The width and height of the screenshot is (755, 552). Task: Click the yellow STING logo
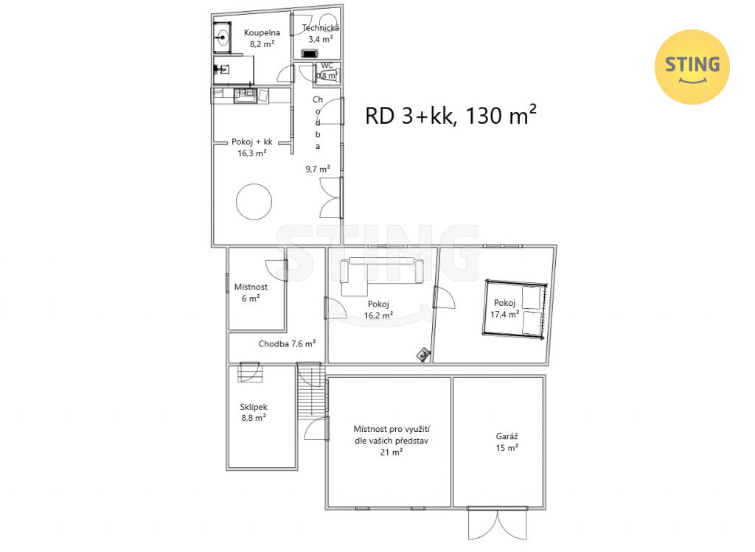pos(692,67)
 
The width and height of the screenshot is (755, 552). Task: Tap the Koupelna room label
pos(262,32)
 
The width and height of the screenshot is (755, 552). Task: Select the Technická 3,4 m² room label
pos(320,34)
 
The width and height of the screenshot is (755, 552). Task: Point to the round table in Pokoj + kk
pos(254,202)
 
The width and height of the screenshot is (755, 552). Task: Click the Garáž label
pos(507,436)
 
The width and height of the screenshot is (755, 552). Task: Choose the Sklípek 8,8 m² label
pos(254,413)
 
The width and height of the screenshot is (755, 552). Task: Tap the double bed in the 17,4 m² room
pos(515,310)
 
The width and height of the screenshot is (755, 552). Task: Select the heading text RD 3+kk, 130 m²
pos(450,116)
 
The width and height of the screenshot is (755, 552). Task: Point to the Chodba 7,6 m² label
pos(287,343)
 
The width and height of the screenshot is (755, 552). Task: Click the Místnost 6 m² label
pos(251,292)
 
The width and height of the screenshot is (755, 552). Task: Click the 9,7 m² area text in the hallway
pos(318,169)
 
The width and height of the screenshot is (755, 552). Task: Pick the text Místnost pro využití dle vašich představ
pos(392,435)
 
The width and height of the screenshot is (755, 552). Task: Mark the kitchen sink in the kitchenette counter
pos(246,95)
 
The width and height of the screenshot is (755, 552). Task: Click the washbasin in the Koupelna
pos(222,36)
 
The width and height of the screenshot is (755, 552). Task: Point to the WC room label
pos(327,66)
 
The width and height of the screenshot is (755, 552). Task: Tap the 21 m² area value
pos(391,452)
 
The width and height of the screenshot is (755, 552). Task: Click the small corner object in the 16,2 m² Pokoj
pos(423,354)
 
